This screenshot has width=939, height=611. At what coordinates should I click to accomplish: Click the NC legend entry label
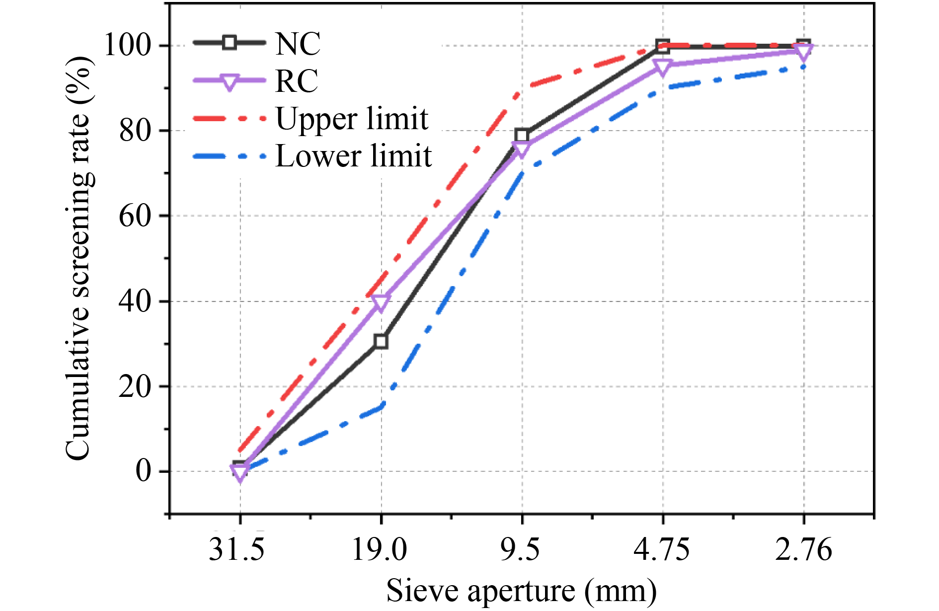(x=298, y=44)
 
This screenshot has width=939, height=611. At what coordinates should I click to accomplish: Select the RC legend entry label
(x=297, y=81)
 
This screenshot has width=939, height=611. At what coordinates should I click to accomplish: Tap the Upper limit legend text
(x=352, y=119)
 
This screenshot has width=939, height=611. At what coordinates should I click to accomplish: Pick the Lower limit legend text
(x=353, y=156)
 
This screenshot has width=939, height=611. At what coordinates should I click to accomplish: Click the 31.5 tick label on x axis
(x=236, y=549)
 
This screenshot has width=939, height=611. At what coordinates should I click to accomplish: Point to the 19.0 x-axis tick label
(x=379, y=549)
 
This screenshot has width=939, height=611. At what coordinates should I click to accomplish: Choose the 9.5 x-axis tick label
(x=520, y=549)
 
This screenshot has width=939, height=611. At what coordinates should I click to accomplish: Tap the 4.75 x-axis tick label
(x=662, y=549)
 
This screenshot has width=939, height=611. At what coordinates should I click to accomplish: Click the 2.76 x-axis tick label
(x=803, y=549)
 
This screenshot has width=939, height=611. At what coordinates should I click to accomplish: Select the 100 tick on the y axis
(x=127, y=45)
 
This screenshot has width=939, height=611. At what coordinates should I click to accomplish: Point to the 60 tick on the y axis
(x=135, y=216)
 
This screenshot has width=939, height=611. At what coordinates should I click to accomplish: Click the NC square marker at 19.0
(x=381, y=341)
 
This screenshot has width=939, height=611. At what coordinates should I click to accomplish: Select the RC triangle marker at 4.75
(x=663, y=67)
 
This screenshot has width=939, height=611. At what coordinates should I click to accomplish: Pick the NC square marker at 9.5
(x=522, y=135)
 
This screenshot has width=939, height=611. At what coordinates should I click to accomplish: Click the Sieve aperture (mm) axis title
(x=521, y=591)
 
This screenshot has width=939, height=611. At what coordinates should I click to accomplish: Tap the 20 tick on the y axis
(x=135, y=386)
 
